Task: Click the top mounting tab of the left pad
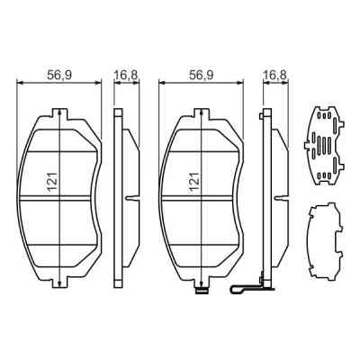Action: point(58,113)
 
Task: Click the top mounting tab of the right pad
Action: point(200,113)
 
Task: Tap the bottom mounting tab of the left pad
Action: point(58,284)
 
